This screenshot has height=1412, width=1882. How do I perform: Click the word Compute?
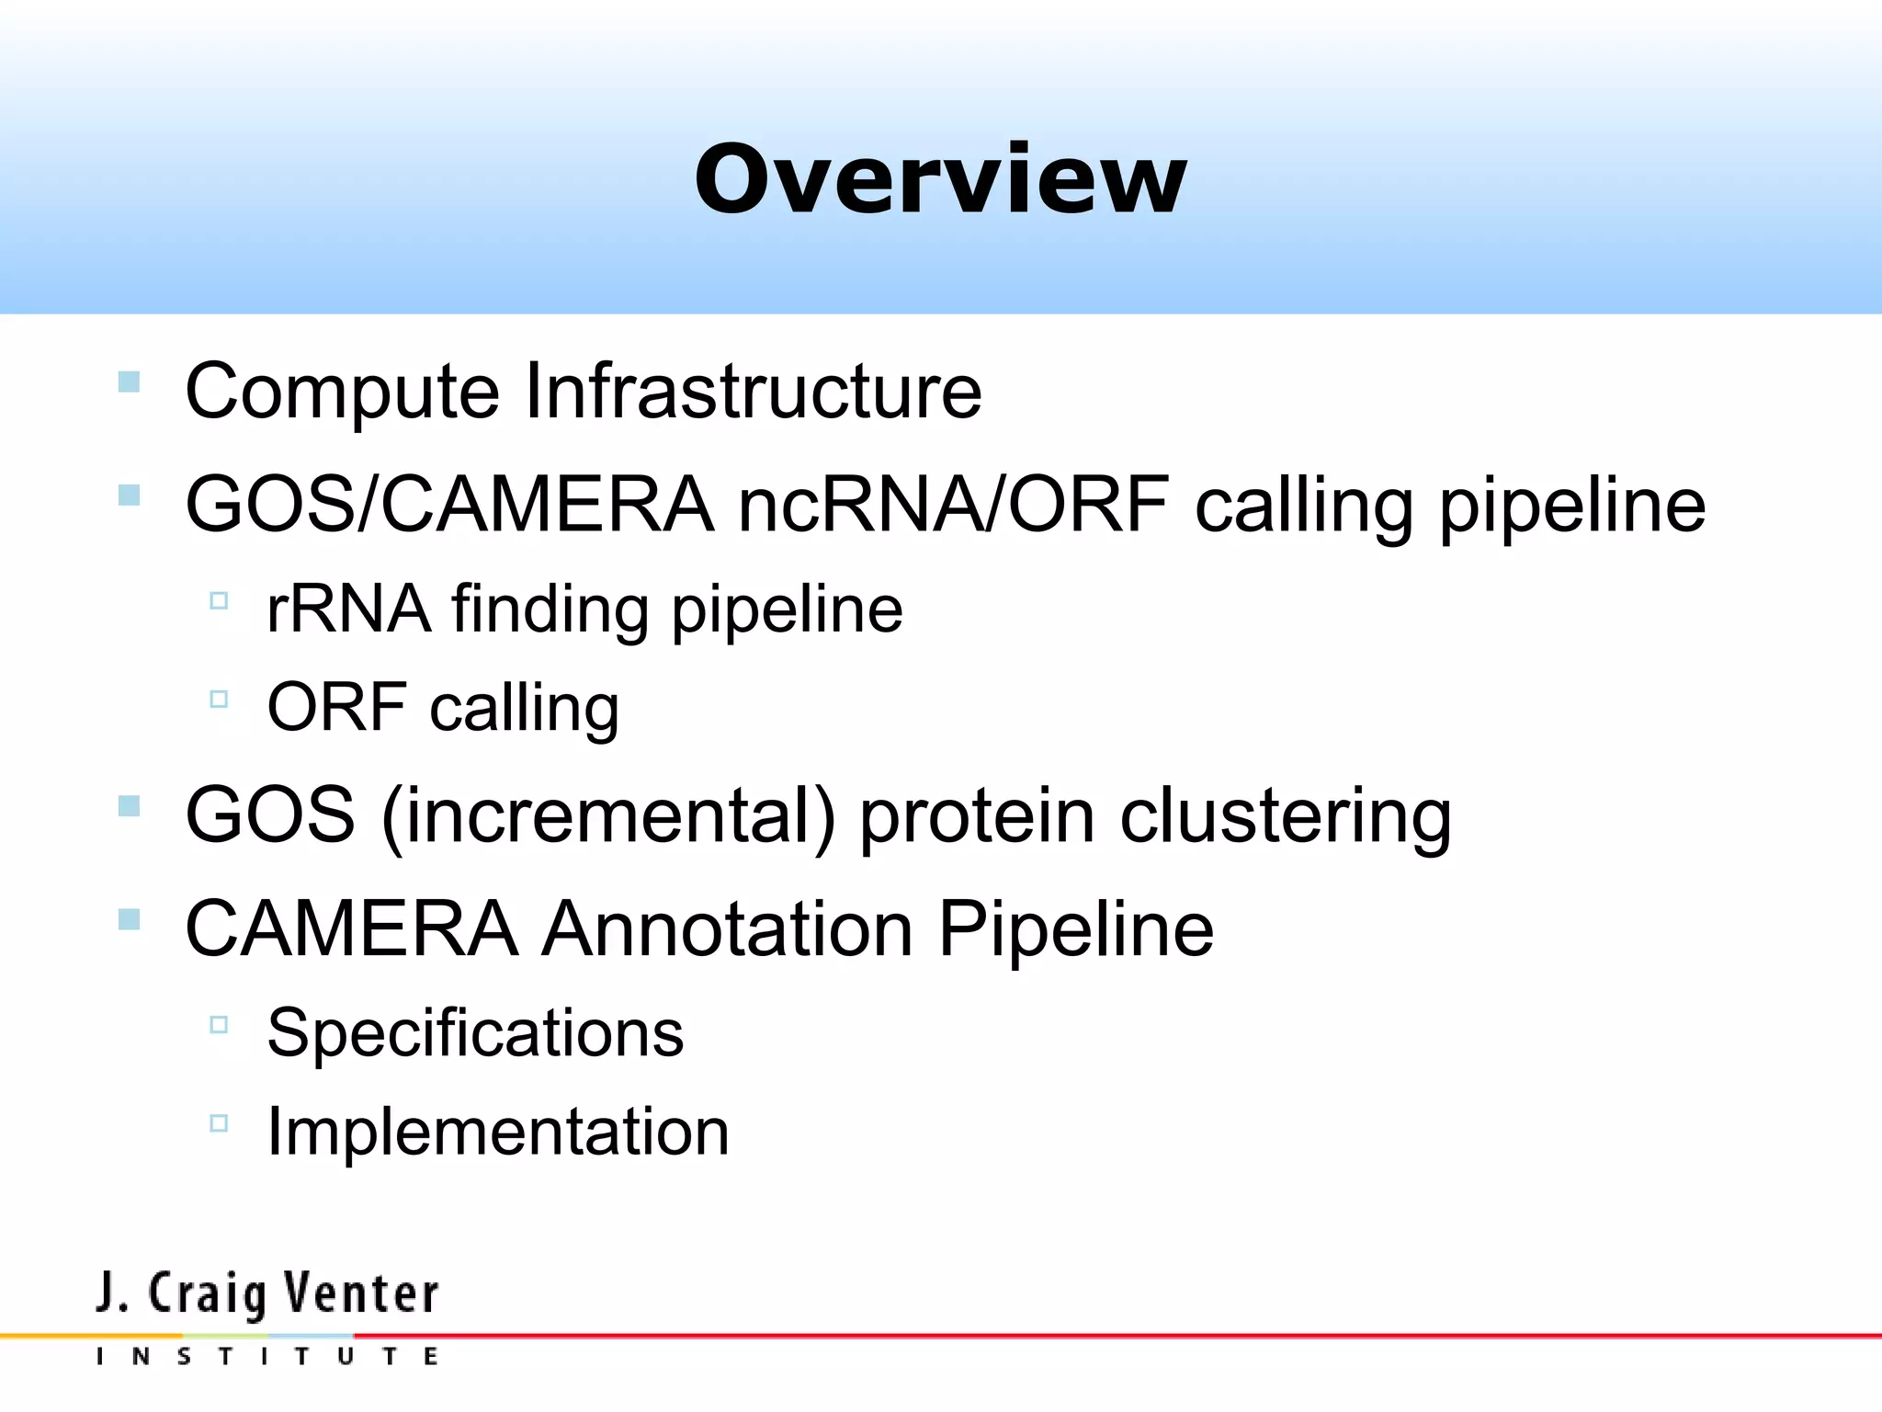342,391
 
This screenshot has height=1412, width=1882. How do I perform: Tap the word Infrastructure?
753,391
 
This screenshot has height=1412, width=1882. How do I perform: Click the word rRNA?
348,609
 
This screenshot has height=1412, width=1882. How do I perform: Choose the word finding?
550,609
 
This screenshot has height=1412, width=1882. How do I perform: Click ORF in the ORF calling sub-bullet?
336,707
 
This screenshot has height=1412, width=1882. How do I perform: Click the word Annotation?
727,928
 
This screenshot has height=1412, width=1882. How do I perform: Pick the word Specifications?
475,1032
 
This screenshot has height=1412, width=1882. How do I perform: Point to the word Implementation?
497,1131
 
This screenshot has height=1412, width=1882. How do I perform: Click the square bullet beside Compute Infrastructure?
130,381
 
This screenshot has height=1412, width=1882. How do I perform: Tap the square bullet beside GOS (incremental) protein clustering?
130,806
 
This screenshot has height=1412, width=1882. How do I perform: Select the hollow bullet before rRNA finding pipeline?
219,601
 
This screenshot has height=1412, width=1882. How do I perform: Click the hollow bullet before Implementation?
219,1122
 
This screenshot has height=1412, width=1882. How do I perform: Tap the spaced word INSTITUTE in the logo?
266,1356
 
